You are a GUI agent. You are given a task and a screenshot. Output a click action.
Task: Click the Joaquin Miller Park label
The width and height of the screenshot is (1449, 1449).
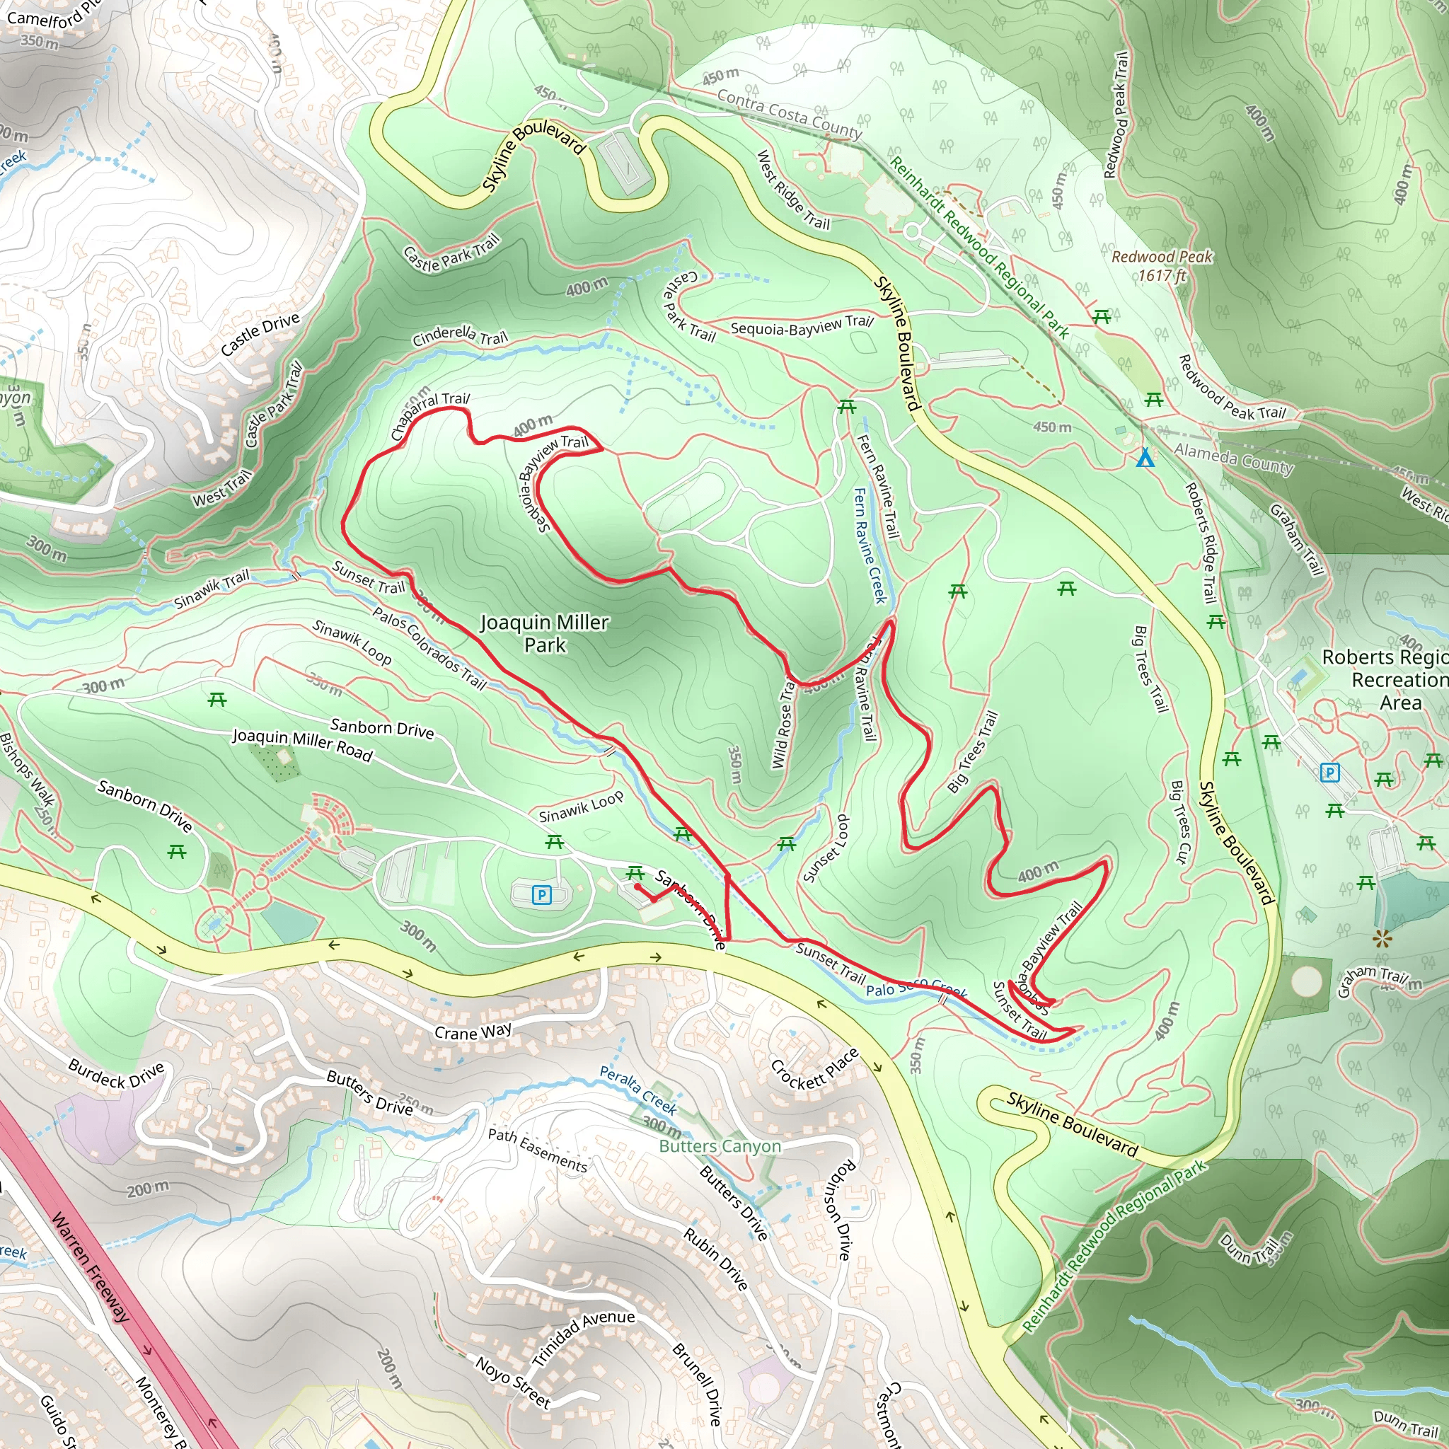pyautogui.click(x=545, y=634)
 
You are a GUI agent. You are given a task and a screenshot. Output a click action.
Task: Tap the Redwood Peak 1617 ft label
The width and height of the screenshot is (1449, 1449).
pyautogui.click(x=1161, y=265)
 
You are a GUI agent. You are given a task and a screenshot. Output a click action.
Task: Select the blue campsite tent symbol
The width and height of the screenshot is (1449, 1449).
pyautogui.click(x=1145, y=458)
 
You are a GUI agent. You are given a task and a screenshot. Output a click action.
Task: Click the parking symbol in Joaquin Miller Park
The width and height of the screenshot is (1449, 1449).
pyautogui.click(x=541, y=894)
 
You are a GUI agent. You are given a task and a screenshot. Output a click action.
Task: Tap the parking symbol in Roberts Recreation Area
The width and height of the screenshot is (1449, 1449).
pyautogui.click(x=1329, y=772)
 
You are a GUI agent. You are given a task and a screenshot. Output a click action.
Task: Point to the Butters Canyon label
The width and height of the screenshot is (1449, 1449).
pyautogui.click(x=720, y=1146)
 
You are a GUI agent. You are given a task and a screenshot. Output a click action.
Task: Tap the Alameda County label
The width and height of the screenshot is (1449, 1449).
pyautogui.click(x=1234, y=458)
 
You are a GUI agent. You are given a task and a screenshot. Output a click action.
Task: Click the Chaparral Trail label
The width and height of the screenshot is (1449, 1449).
pyautogui.click(x=429, y=414)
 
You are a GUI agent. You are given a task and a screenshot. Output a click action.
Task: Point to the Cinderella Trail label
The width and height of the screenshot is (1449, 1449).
pyautogui.click(x=460, y=336)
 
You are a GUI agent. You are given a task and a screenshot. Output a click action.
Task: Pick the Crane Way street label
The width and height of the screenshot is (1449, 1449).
pyautogui.click(x=473, y=1032)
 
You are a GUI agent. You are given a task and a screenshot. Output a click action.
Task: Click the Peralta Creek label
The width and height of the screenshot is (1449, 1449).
pyautogui.click(x=637, y=1090)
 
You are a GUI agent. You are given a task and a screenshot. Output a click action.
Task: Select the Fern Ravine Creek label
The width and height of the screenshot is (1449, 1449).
pyautogui.click(x=870, y=545)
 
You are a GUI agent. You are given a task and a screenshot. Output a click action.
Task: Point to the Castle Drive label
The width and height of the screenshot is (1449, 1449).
pyautogui.click(x=260, y=334)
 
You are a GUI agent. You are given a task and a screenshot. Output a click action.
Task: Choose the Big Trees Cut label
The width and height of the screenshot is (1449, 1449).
pyautogui.click(x=1181, y=822)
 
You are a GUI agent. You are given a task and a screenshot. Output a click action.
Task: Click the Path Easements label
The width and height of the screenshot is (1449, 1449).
pyautogui.click(x=538, y=1150)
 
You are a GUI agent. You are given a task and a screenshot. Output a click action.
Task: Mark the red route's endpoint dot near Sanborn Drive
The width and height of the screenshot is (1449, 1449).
pyautogui.click(x=637, y=886)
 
